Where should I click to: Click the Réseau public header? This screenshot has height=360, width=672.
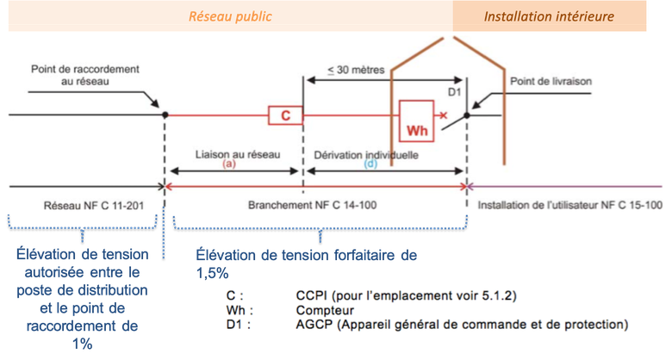231,16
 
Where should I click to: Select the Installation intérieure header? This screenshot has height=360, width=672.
549,16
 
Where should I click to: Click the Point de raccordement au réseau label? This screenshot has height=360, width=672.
84,75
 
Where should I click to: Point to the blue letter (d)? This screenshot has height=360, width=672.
370,164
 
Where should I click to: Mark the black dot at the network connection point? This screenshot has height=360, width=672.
165,115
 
